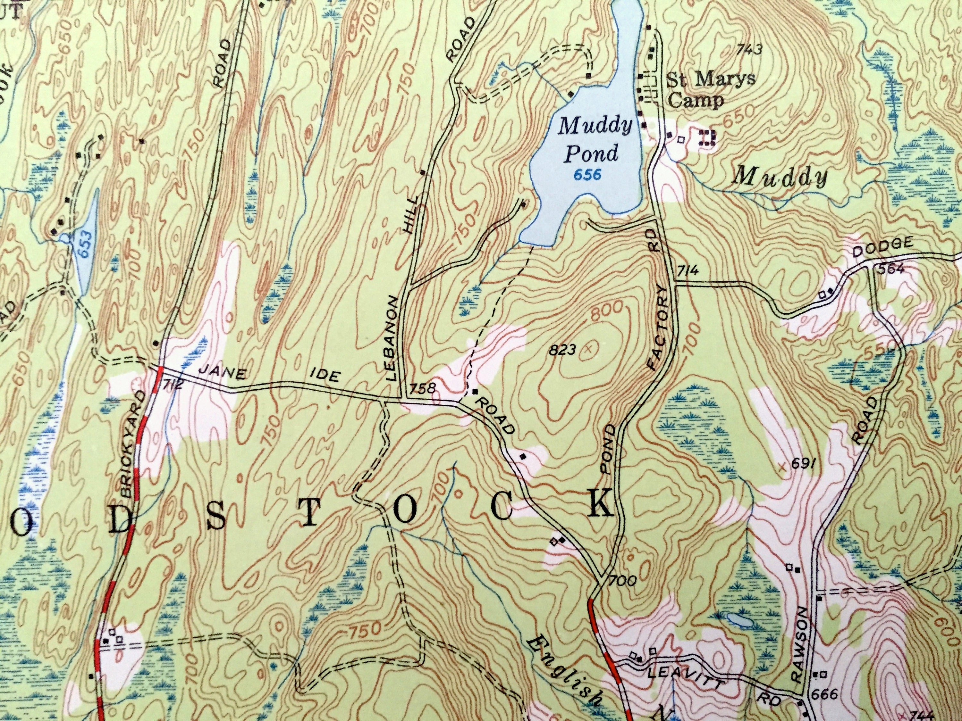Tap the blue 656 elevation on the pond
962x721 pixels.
[x=587, y=175]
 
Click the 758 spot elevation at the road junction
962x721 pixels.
[x=422, y=388]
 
